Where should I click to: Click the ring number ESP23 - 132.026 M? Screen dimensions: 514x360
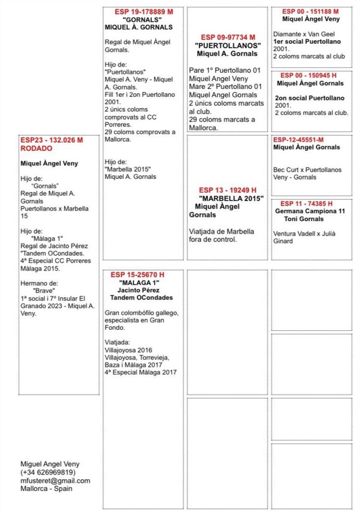click(x=52, y=140)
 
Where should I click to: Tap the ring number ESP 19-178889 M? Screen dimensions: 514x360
click(x=144, y=11)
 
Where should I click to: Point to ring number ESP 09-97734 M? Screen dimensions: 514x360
click(x=228, y=37)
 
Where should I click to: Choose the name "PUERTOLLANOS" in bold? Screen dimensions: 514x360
click(x=228, y=46)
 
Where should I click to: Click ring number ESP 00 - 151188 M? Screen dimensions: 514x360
click(x=311, y=11)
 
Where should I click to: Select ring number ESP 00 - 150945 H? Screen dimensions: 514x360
click(x=311, y=75)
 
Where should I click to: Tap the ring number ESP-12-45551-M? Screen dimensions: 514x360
click(x=299, y=139)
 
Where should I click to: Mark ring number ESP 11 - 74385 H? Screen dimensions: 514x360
click(x=306, y=203)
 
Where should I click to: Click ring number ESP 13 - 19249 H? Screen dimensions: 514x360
click(x=227, y=190)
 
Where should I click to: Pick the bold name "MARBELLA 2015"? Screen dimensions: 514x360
click(x=231, y=198)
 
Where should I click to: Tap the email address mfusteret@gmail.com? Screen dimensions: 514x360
click(x=55, y=481)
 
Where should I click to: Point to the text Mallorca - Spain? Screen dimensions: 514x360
click(x=46, y=489)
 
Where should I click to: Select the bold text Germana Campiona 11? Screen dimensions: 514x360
click(x=310, y=211)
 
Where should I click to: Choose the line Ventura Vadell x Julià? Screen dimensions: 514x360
click(x=304, y=234)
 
